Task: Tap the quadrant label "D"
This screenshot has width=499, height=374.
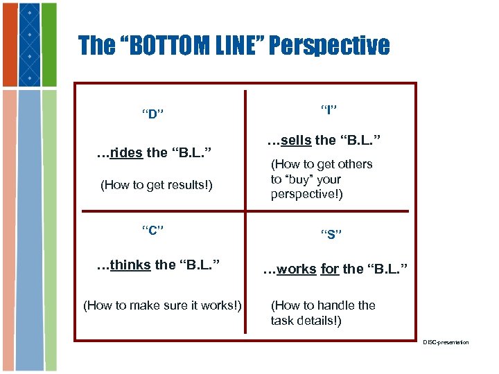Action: click(x=152, y=114)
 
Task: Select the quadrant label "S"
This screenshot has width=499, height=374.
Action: click(x=332, y=234)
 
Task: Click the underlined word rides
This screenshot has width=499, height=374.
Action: click(x=126, y=152)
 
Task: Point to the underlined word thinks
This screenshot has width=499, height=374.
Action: click(x=130, y=265)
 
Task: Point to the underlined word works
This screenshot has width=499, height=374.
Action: click(x=296, y=269)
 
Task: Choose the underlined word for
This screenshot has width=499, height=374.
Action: click(x=329, y=269)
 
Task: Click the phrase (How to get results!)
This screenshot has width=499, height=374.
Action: click(x=157, y=185)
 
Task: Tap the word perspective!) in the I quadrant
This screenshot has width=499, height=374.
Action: click(x=306, y=195)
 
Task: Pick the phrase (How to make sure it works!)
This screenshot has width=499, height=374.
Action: click(x=162, y=305)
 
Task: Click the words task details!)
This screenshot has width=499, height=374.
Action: click(x=306, y=321)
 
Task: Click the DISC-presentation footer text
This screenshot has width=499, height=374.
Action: click(x=446, y=343)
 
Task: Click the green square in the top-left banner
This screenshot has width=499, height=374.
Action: click(x=49, y=45)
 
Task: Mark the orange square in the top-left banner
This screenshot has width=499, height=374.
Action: click(x=8, y=45)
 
